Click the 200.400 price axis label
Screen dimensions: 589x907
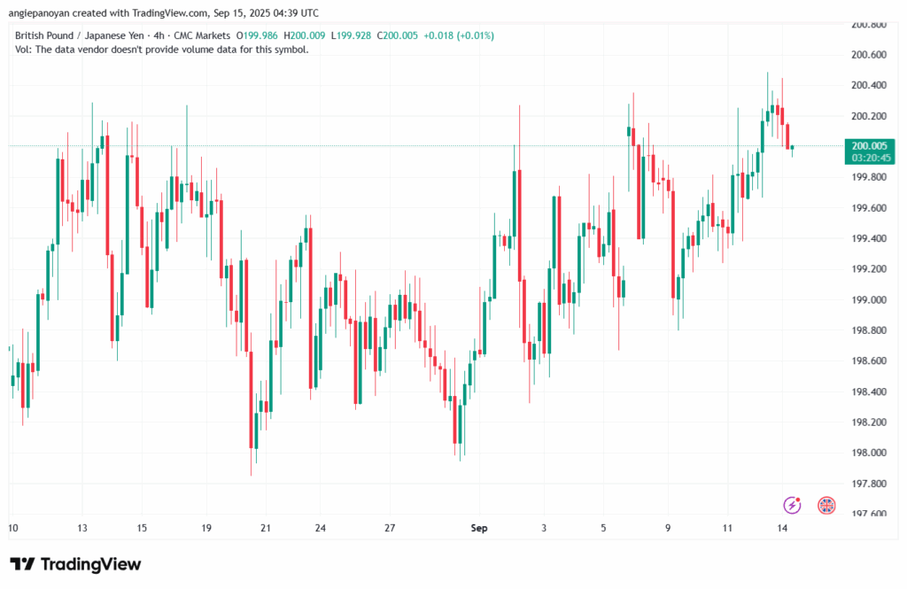pyautogui.click(x=868, y=85)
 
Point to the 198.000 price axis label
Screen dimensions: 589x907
pyautogui.click(x=868, y=453)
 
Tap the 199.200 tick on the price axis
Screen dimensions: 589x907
pyautogui.click(x=868, y=269)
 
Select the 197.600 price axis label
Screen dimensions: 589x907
pyautogui.click(x=868, y=514)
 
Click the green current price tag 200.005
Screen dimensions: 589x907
pyautogui.click(x=869, y=145)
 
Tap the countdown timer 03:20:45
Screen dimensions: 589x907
pyautogui.click(x=869, y=158)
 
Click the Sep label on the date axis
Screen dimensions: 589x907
pyautogui.click(x=479, y=528)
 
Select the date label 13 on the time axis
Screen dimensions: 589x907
pyautogui.click(x=81, y=528)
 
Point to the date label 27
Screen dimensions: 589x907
pyautogui.click(x=390, y=528)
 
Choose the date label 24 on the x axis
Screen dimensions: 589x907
pyautogui.click(x=320, y=528)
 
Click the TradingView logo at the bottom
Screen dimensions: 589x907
pyautogui.click(x=75, y=564)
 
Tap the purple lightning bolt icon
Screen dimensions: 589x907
pyautogui.click(x=793, y=505)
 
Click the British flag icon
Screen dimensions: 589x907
pyautogui.click(x=826, y=505)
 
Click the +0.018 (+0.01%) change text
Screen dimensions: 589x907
pyautogui.click(x=459, y=35)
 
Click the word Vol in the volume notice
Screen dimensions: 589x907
pyautogui.click(x=23, y=50)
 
